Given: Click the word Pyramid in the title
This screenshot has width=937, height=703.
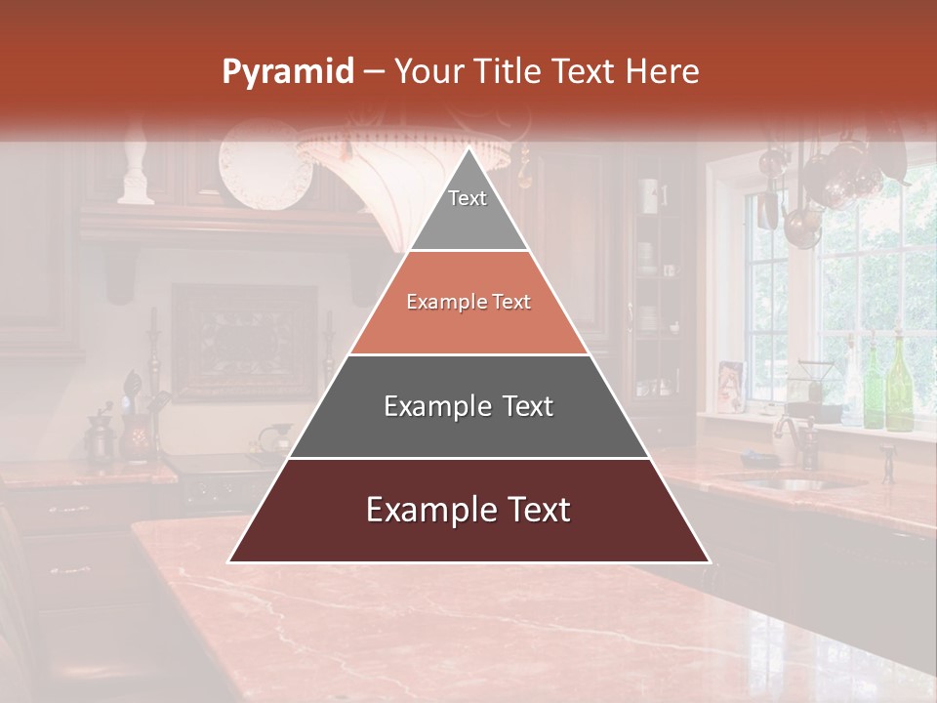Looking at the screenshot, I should tap(287, 72).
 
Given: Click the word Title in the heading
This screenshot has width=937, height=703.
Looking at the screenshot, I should tap(509, 71).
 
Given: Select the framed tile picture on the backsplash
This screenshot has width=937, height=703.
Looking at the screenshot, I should tap(245, 342).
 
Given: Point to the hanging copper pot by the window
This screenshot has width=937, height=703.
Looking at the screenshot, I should tap(802, 225).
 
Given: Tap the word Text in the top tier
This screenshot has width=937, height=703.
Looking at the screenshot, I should tap(468, 198).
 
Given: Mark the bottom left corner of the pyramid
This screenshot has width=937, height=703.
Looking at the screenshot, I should tap(228, 562).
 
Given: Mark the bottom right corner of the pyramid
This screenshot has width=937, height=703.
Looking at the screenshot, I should tap(710, 562).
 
